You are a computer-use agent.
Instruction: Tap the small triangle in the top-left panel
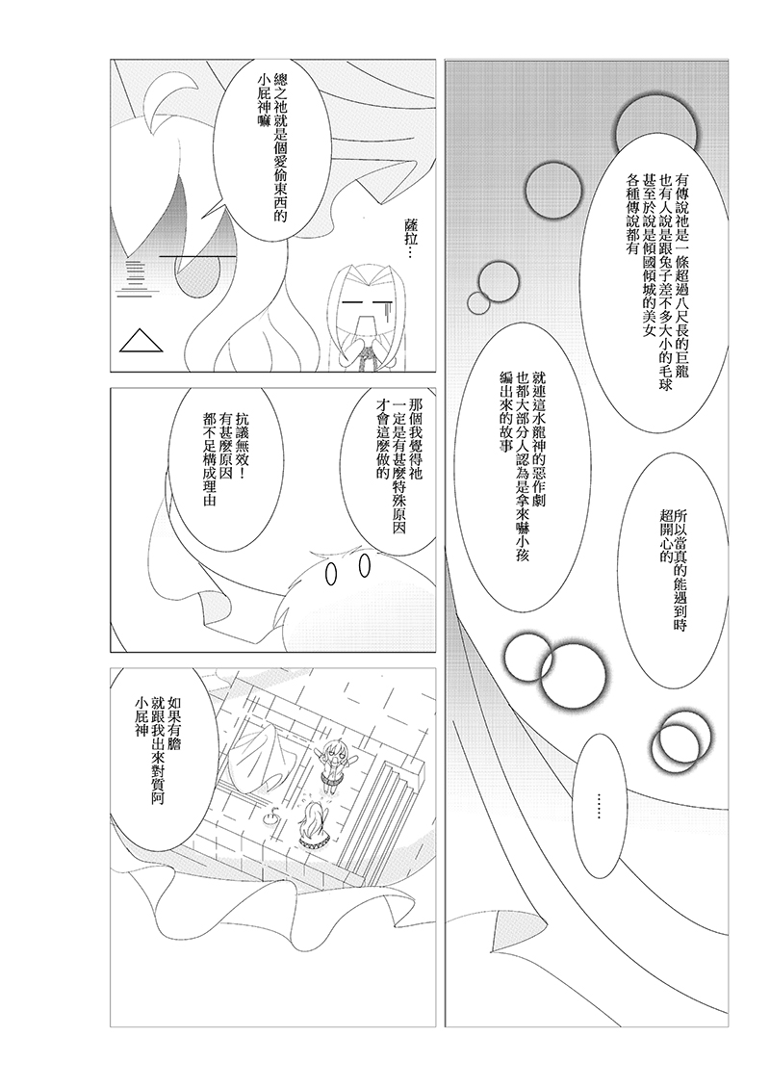point(142,342)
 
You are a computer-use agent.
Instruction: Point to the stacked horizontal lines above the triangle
point(135,277)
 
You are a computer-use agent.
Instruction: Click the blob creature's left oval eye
point(332,573)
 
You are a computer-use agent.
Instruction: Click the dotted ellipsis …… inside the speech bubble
point(599,805)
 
